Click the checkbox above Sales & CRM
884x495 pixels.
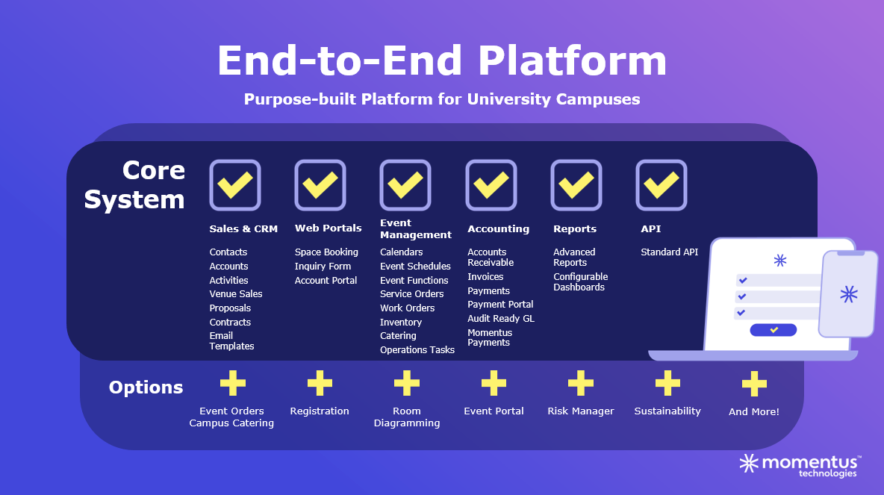(x=235, y=185)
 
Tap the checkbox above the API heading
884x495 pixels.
(x=662, y=185)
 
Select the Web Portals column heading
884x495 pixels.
(x=328, y=228)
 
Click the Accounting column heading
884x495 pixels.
(x=499, y=229)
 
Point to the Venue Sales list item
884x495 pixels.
(x=236, y=293)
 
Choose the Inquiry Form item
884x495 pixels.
(x=323, y=266)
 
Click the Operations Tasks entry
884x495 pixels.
(x=417, y=349)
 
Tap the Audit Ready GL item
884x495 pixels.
(x=501, y=319)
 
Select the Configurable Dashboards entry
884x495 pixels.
(x=581, y=282)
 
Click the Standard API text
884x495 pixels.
(x=669, y=252)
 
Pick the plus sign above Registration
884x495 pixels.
(x=320, y=383)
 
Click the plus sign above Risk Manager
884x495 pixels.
(x=581, y=383)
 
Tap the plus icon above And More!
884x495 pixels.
(x=754, y=384)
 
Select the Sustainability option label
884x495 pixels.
(x=667, y=411)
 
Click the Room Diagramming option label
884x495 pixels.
(x=407, y=417)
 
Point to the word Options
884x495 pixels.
(x=146, y=387)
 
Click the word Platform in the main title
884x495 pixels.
(x=572, y=60)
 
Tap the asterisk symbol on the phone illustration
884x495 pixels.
(x=848, y=294)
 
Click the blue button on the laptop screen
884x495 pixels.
(x=773, y=330)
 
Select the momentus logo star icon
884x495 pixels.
(x=750, y=464)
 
